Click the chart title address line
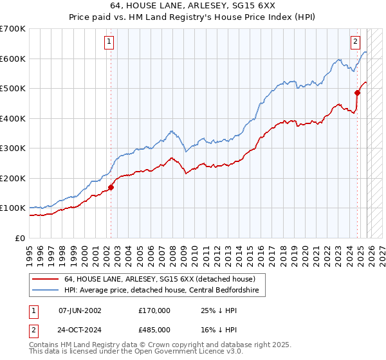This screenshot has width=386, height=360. (193, 7)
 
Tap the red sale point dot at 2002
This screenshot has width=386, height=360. (111, 187)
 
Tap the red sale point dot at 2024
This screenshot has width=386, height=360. (358, 93)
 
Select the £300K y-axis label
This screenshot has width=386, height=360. (13, 148)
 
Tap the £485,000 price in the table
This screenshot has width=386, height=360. (154, 329)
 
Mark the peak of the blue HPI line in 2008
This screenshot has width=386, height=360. (172, 131)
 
